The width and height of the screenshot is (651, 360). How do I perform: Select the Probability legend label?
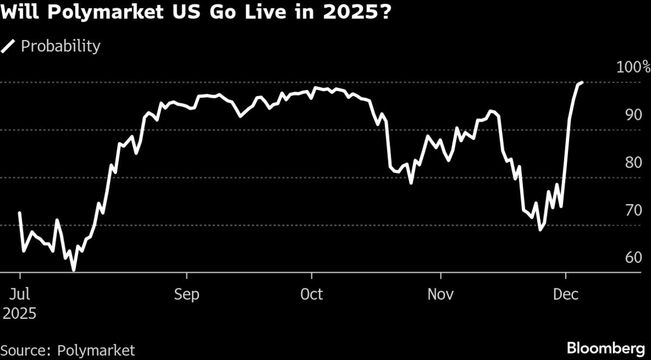coord(60,46)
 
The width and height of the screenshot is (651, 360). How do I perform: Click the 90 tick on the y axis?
coord(633,115)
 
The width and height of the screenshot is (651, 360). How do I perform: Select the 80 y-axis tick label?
coord(633,163)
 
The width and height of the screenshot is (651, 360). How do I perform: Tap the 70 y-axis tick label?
coord(633,210)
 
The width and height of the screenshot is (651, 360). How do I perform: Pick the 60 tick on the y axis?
coord(633,258)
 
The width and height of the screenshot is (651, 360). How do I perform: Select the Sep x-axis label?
coord(187,294)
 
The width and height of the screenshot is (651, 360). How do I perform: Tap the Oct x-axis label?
coord(312,294)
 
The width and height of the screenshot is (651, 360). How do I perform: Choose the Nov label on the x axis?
coord(441,294)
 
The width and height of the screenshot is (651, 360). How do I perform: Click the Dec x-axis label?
coord(565,294)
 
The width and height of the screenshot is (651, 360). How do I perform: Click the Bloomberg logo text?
coord(605,348)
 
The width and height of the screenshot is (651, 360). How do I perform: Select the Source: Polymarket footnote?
coord(67,350)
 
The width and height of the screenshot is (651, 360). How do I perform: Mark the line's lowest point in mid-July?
coord(74,269)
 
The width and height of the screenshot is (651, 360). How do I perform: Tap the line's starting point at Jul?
coord(20,213)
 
